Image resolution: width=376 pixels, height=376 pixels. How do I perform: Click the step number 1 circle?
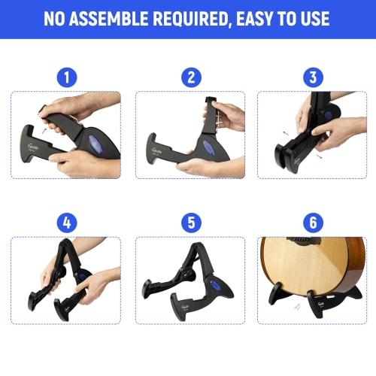point(65,76)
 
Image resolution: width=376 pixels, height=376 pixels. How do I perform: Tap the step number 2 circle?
point(190,76)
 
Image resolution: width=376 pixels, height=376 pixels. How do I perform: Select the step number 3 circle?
point(311,76)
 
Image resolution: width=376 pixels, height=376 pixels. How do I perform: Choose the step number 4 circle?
point(65,222)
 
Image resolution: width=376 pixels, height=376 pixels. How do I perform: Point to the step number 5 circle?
point(190,222)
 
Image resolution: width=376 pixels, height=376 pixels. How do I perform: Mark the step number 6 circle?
point(311,222)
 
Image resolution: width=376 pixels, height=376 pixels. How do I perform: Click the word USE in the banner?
point(316,19)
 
